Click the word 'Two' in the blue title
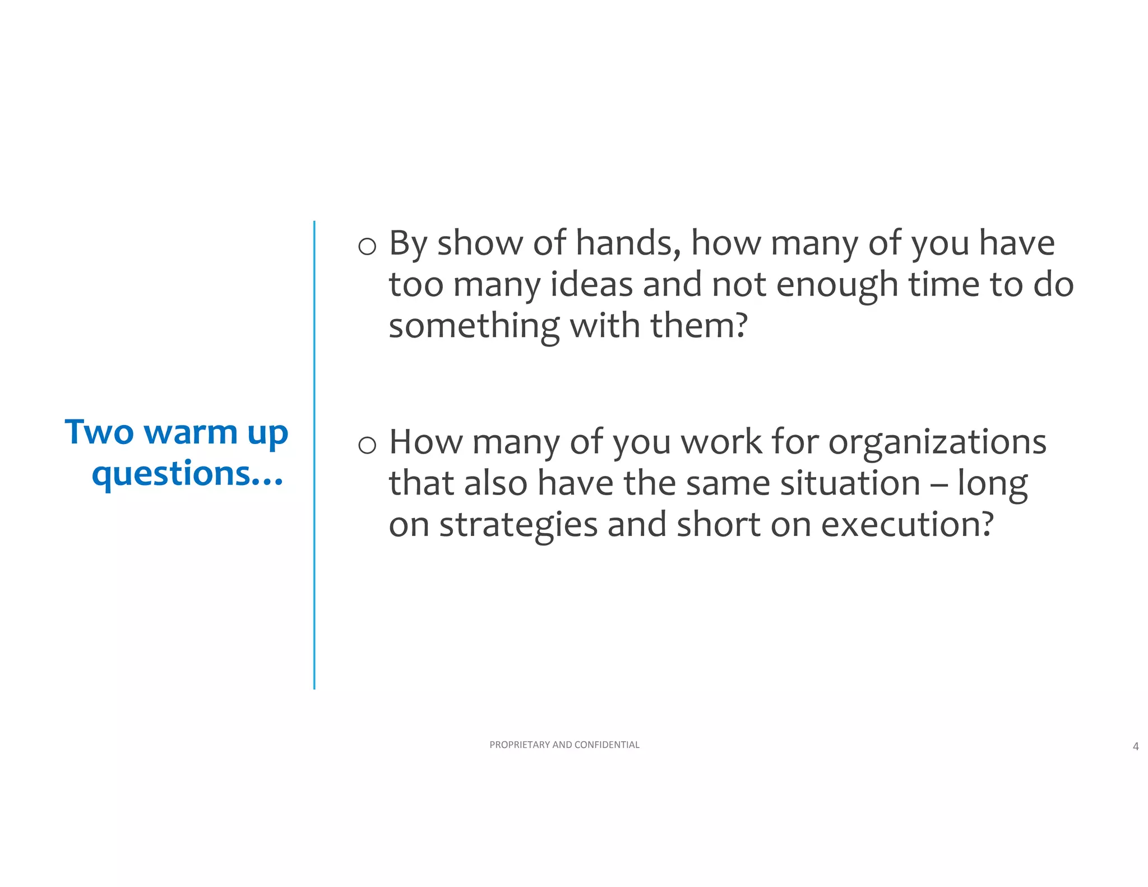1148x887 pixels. [99, 432]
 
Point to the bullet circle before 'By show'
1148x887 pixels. [367, 246]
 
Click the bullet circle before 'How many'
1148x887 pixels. [367, 445]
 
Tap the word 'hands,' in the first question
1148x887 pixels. [628, 243]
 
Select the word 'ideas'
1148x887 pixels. [591, 284]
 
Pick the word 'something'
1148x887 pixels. [474, 326]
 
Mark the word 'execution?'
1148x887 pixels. [908, 525]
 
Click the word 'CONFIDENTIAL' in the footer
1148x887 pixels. [607, 745]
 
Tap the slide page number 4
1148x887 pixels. [1136, 746]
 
